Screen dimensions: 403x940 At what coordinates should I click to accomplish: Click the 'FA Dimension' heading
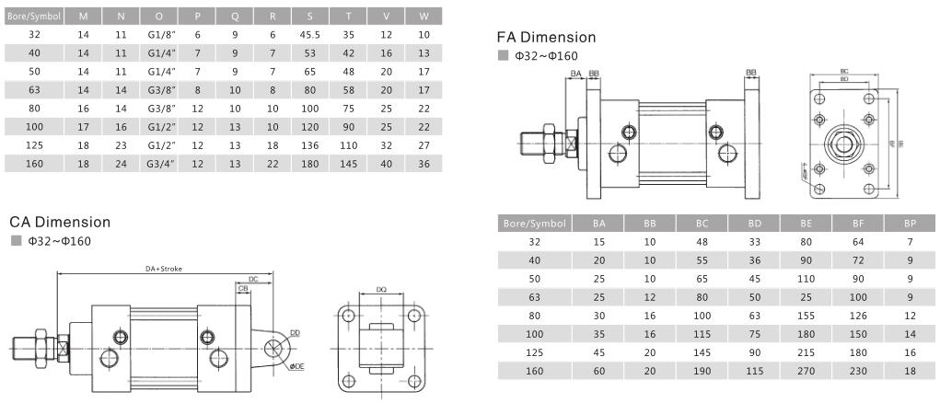point(546,38)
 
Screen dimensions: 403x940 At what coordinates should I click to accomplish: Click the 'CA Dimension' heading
point(60,223)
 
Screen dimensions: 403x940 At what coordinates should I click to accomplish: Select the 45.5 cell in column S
point(308,34)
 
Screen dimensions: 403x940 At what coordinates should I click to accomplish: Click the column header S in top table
point(308,16)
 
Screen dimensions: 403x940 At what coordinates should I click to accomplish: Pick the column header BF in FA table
point(857,224)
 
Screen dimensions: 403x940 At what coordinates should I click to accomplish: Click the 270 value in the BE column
point(806,371)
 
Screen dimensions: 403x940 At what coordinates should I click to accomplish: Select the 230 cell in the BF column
point(857,371)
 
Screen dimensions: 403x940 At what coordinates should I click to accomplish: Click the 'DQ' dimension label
point(380,290)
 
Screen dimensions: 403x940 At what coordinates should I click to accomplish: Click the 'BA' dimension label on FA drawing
point(575,73)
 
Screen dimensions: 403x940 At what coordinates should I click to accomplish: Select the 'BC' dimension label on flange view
point(844,71)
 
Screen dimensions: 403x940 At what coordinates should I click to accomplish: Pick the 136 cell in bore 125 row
point(308,144)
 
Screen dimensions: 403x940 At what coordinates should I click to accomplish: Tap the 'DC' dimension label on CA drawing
point(253,278)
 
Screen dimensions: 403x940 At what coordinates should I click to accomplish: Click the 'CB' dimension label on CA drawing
point(243,288)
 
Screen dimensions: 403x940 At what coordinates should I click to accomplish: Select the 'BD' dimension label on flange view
point(844,80)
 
